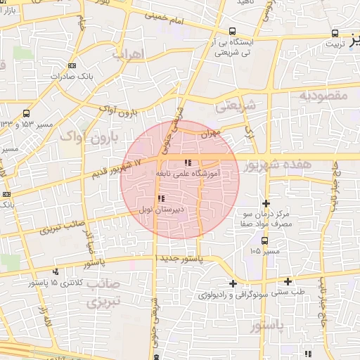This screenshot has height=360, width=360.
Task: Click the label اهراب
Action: (129, 54)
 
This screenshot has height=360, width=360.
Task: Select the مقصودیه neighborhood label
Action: (323, 94)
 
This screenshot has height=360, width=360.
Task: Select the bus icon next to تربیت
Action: (335, 32)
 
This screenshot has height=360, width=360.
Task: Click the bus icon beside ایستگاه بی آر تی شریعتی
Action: (233, 31)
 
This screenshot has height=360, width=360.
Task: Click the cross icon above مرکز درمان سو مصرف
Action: (265, 202)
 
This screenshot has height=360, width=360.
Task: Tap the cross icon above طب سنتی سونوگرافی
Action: (288, 281)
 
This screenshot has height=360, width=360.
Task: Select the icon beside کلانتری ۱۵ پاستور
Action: (56, 271)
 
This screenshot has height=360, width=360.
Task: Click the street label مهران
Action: (209, 131)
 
